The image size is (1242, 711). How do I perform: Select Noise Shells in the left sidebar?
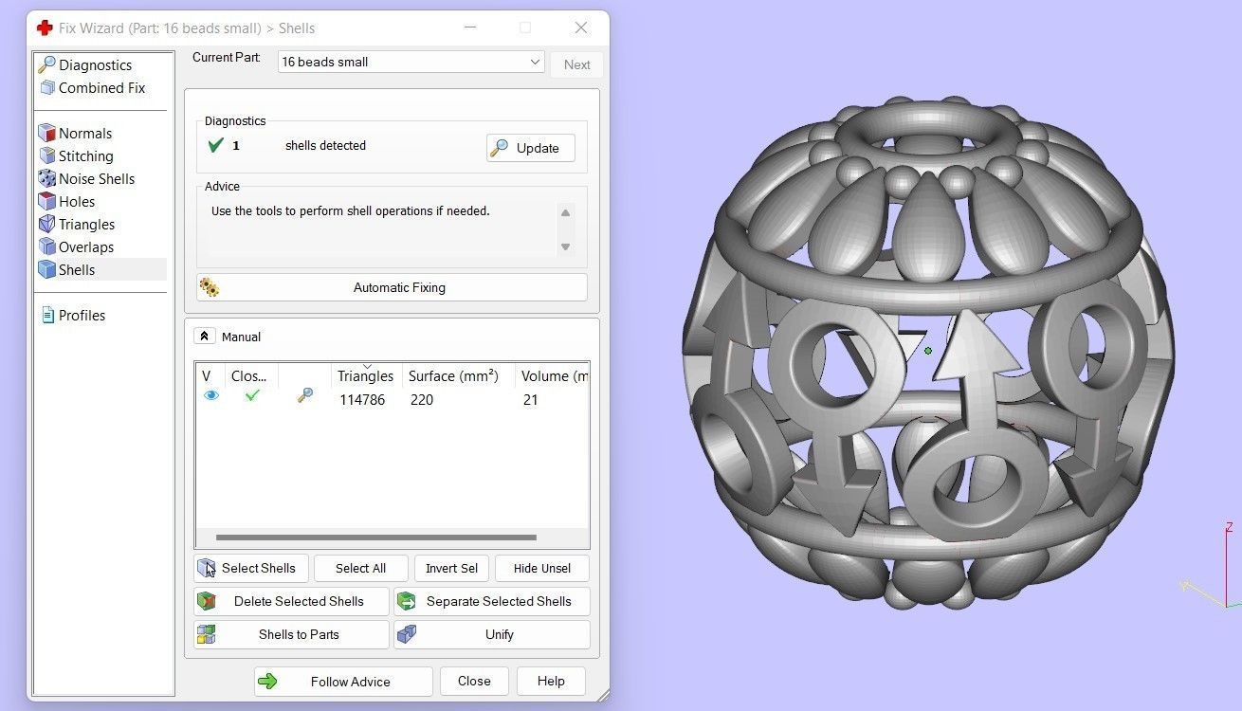pos(96,179)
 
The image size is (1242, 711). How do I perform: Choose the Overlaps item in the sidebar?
pos(85,247)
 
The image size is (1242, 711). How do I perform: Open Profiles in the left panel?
pos(81,316)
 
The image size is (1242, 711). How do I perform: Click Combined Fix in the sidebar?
pos(101,88)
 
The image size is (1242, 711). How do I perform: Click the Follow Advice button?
pos(343,682)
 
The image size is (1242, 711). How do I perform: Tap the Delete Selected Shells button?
pos(292,601)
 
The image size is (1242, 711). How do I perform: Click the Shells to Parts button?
pos(292,634)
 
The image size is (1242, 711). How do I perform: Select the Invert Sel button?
pos(451,568)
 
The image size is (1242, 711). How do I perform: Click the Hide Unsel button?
pos(541,568)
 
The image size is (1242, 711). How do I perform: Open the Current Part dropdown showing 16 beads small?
pos(411,63)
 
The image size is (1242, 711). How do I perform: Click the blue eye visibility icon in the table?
pos(211,396)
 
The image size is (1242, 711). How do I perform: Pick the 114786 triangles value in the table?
pos(362,400)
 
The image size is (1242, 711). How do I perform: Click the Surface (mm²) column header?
pos(453,376)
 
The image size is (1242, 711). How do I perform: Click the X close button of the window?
pos(581,27)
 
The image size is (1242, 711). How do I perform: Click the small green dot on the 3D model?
pos(928,351)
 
